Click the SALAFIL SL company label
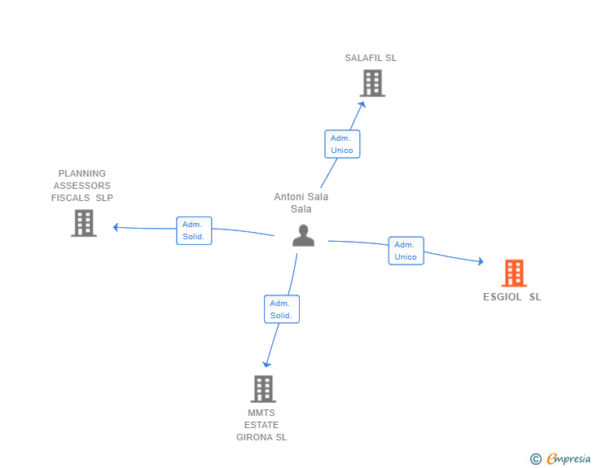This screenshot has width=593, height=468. [371, 58]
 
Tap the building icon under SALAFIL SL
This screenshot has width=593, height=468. [372, 83]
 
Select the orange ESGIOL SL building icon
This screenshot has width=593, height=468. [514, 273]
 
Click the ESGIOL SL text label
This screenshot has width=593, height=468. [512, 297]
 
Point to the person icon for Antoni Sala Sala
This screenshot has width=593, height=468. [303, 235]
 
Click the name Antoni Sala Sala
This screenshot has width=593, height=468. [301, 203]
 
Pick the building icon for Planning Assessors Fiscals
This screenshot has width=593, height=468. [84, 223]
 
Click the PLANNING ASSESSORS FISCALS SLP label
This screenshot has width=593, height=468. [82, 186]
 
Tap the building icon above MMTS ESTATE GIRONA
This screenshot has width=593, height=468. [263, 389]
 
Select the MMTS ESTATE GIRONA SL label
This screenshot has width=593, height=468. [261, 425]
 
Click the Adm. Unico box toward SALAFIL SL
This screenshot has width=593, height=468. [342, 144]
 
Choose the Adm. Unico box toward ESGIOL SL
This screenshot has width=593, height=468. [406, 251]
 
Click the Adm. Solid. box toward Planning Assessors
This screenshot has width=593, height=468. [194, 230]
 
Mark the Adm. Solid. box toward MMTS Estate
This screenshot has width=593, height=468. [282, 309]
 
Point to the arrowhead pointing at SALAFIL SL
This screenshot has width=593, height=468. [362, 105]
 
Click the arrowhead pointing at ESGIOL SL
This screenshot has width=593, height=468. [481, 261]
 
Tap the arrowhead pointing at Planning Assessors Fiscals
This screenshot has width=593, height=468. [116, 227]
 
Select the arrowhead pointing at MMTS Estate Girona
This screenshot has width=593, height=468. [267, 364]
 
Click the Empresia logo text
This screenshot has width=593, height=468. [569, 458]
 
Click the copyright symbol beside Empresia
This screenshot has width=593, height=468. [535, 459]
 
